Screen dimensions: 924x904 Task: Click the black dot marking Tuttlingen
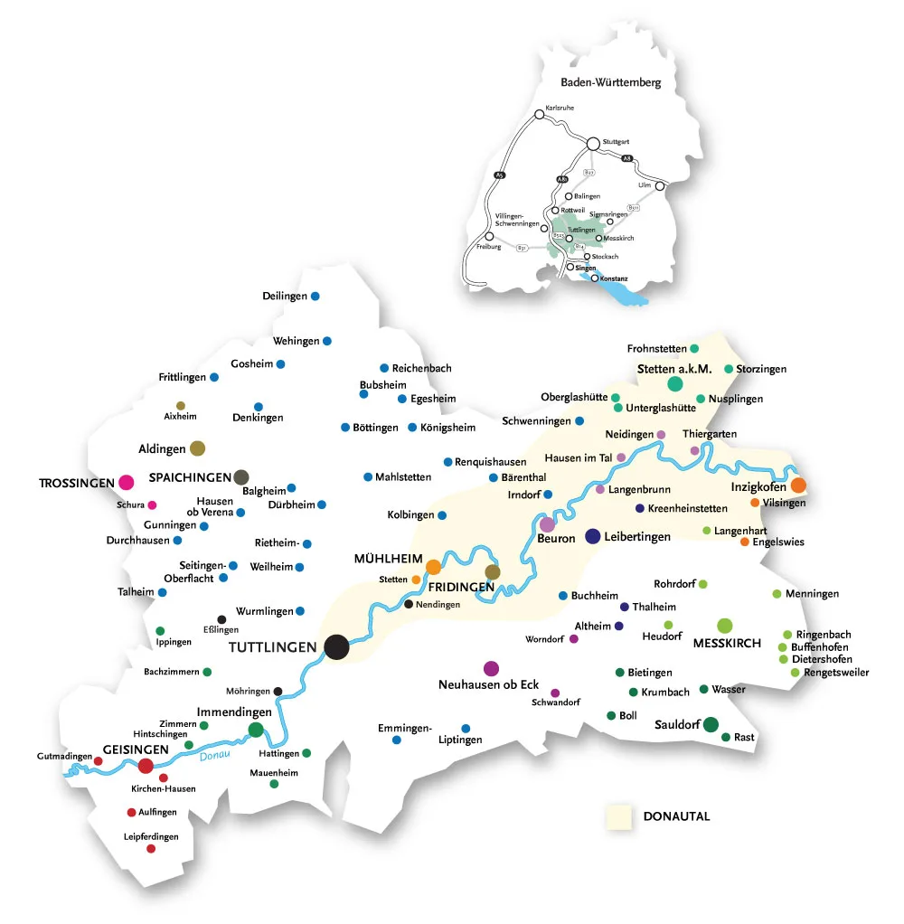click(x=336, y=646)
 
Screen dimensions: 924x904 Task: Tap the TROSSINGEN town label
click(x=77, y=483)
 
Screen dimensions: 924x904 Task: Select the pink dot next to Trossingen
click(x=126, y=482)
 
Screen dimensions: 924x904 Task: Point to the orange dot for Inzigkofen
click(x=798, y=486)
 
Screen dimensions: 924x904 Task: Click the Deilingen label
click(x=285, y=297)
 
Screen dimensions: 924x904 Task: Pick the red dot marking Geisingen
click(x=146, y=766)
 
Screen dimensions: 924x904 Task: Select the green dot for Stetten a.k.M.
click(x=674, y=384)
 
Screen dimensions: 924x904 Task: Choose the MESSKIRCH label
click(x=727, y=645)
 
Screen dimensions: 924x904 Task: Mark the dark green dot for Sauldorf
click(x=711, y=723)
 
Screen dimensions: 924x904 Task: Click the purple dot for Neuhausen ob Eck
click(x=491, y=668)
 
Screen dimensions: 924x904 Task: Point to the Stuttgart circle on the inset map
click(x=593, y=143)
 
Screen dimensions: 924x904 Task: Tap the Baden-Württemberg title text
click(x=605, y=82)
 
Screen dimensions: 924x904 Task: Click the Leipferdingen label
click(x=151, y=836)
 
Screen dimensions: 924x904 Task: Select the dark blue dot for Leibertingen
click(x=593, y=536)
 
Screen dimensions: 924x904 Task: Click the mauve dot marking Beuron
click(x=547, y=523)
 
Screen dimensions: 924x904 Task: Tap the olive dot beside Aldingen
click(x=197, y=448)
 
